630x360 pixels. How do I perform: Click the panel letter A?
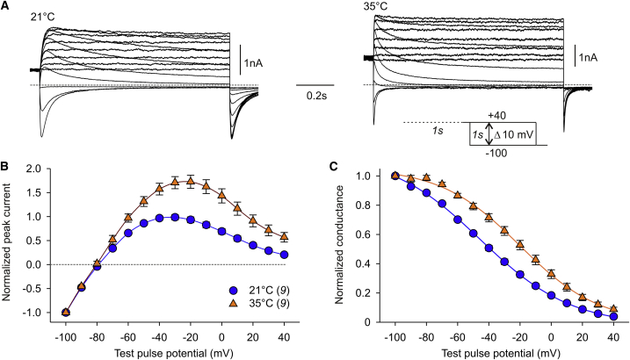coord(6,7)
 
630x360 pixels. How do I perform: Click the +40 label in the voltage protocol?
coord(497,116)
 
